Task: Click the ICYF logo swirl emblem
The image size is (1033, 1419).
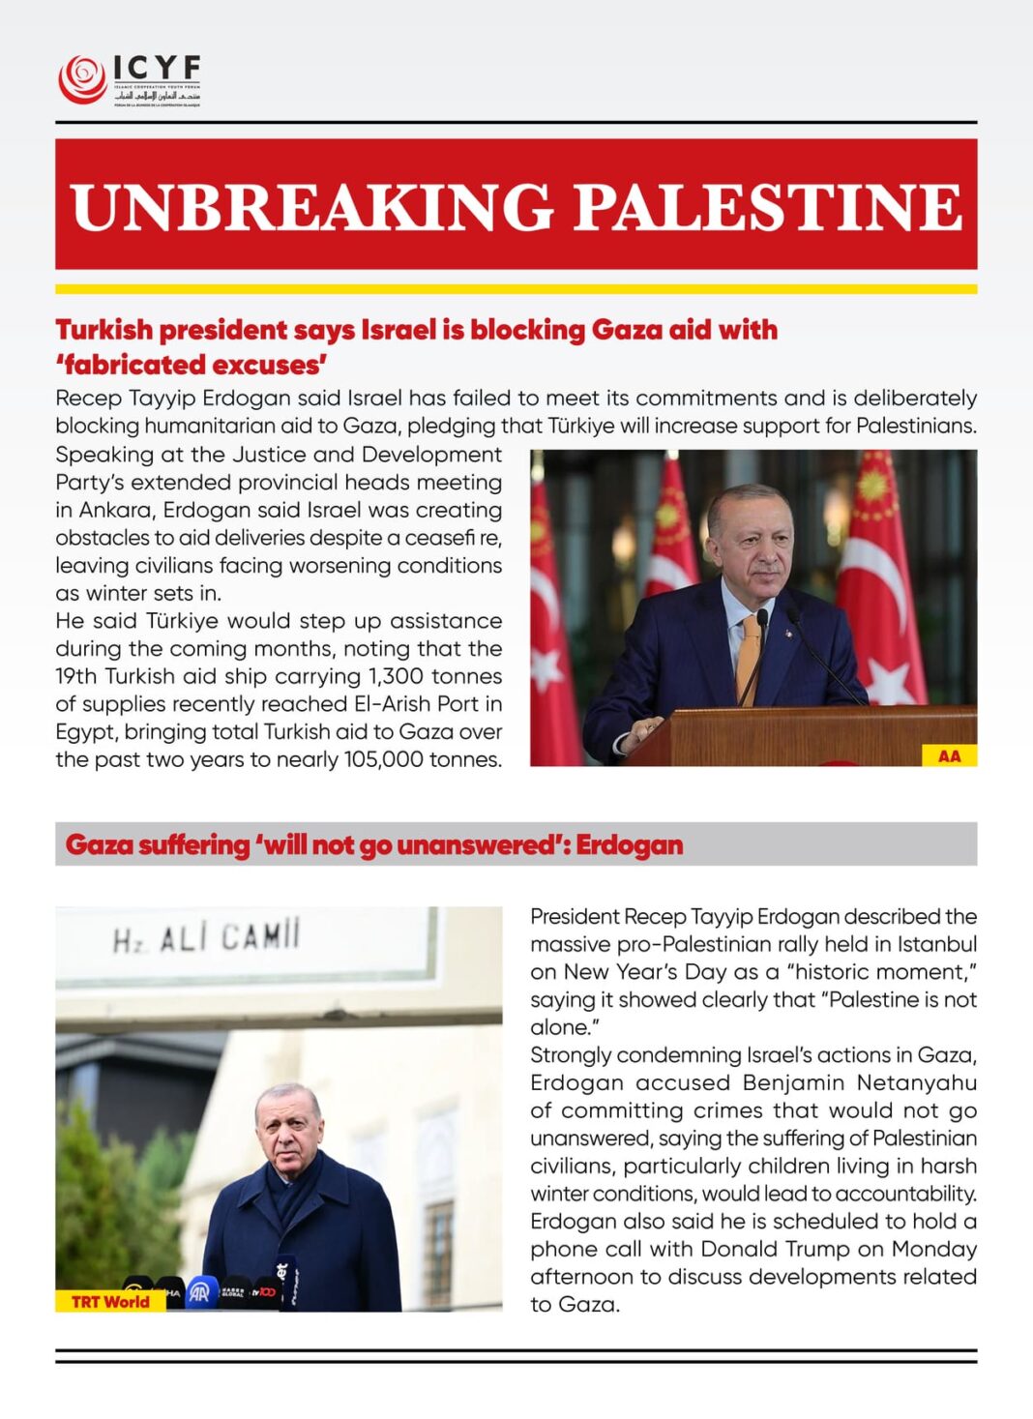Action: click(82, 79)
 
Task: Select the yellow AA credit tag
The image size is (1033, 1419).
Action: click(949, 755)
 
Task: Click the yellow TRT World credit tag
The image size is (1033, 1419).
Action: click(110, 1301)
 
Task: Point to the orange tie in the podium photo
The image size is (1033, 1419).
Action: click(749, 658)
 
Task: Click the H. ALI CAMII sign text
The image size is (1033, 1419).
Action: click(207, 936)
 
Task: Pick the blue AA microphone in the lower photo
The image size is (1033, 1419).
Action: click(201, 1292)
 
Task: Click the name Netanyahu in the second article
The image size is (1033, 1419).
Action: click(916, 1082)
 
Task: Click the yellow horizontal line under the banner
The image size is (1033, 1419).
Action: click(516, 288)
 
